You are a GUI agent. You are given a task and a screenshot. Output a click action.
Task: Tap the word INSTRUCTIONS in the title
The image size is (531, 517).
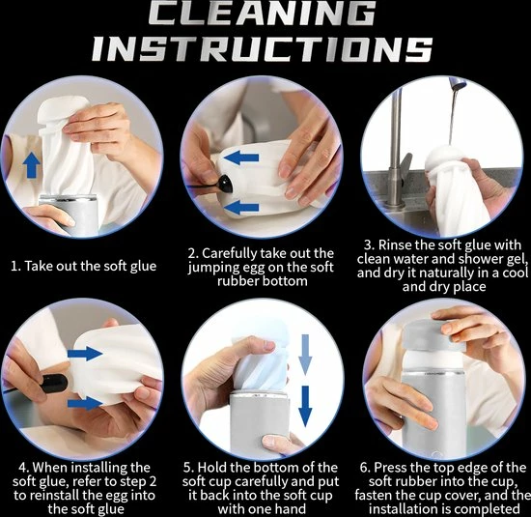(263, 48)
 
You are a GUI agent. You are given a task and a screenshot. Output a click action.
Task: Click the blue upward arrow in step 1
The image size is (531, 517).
(31, 164)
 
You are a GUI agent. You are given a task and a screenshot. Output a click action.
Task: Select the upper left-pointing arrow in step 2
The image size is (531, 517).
(241, 158)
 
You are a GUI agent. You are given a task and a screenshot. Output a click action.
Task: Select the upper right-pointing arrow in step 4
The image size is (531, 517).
(85, 354)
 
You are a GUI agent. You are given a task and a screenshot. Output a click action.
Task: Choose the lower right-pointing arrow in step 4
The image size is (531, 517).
(85, 403)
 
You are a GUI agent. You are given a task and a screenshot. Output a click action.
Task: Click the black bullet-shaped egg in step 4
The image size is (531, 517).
(55, 383)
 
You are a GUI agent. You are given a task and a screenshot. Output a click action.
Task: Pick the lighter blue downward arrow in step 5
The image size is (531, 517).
(305, 355)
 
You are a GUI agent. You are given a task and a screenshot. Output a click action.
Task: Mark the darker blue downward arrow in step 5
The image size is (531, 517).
(305, 406)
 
